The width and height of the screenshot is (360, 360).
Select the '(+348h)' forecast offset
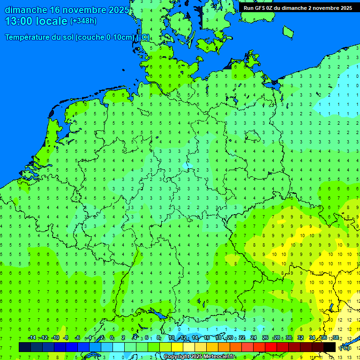click(x=83, y=21)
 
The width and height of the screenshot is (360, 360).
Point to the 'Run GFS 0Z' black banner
click(x=298, y=7)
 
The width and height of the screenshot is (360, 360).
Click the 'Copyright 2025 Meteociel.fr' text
click(x=199, y=356)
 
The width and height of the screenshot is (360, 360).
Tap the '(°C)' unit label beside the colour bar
click(x=344, y=347)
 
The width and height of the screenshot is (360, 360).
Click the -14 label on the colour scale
click(x=31, y=338)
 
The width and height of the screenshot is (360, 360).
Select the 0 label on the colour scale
click(x=112, y=338)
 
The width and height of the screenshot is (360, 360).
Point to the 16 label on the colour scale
click(x=206, y=338)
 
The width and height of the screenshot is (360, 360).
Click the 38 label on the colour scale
click(x=336, y=338)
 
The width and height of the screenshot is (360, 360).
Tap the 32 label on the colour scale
click(x=300, y=338)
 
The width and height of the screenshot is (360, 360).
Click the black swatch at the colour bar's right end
click(x=330, y=347)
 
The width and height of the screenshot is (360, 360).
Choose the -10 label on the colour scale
click(x=55, y=338)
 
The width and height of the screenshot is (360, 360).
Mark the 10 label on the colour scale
click(x=171, y=338)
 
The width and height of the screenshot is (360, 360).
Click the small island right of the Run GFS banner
click(x=288, y=31)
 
